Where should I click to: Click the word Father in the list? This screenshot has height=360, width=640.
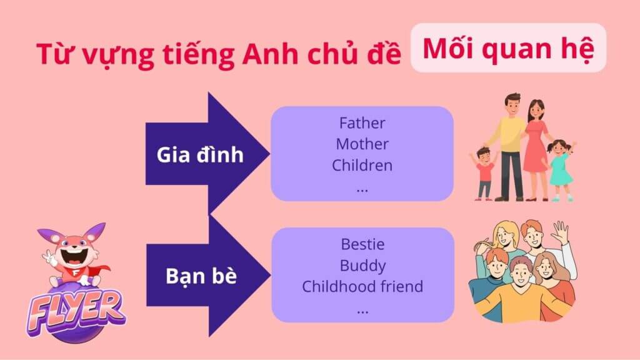[362, 123]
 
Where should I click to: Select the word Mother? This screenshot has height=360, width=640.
[362, 144]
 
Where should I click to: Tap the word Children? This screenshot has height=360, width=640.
[362, 165]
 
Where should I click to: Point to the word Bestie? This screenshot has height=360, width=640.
[362, 244]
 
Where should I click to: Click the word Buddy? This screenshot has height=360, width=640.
[362, 266]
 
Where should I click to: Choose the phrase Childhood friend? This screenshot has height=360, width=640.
[362, 286]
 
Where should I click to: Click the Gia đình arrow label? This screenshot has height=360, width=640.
[200, 155]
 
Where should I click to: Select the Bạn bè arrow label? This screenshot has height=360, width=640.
[201, 276]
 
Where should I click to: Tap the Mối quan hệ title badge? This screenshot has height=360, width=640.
[508, 48]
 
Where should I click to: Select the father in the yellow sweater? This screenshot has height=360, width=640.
[509, 146]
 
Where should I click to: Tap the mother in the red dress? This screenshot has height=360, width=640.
[536, 149]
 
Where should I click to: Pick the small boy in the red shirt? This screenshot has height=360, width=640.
[484, 174]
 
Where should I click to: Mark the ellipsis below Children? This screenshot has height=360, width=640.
[362, 190]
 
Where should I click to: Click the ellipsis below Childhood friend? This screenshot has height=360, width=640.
[362, 312]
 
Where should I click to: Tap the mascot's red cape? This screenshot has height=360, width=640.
[101, 271]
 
